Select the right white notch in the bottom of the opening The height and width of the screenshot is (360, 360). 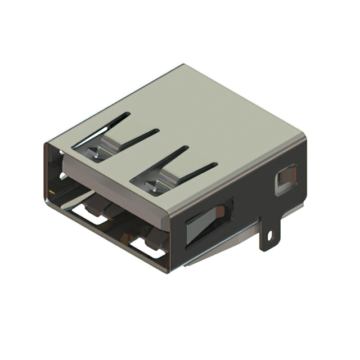pos(147,247)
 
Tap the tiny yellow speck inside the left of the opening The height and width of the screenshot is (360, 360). pos(51,193)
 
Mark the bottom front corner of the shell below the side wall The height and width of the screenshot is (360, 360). pos(169,273)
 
